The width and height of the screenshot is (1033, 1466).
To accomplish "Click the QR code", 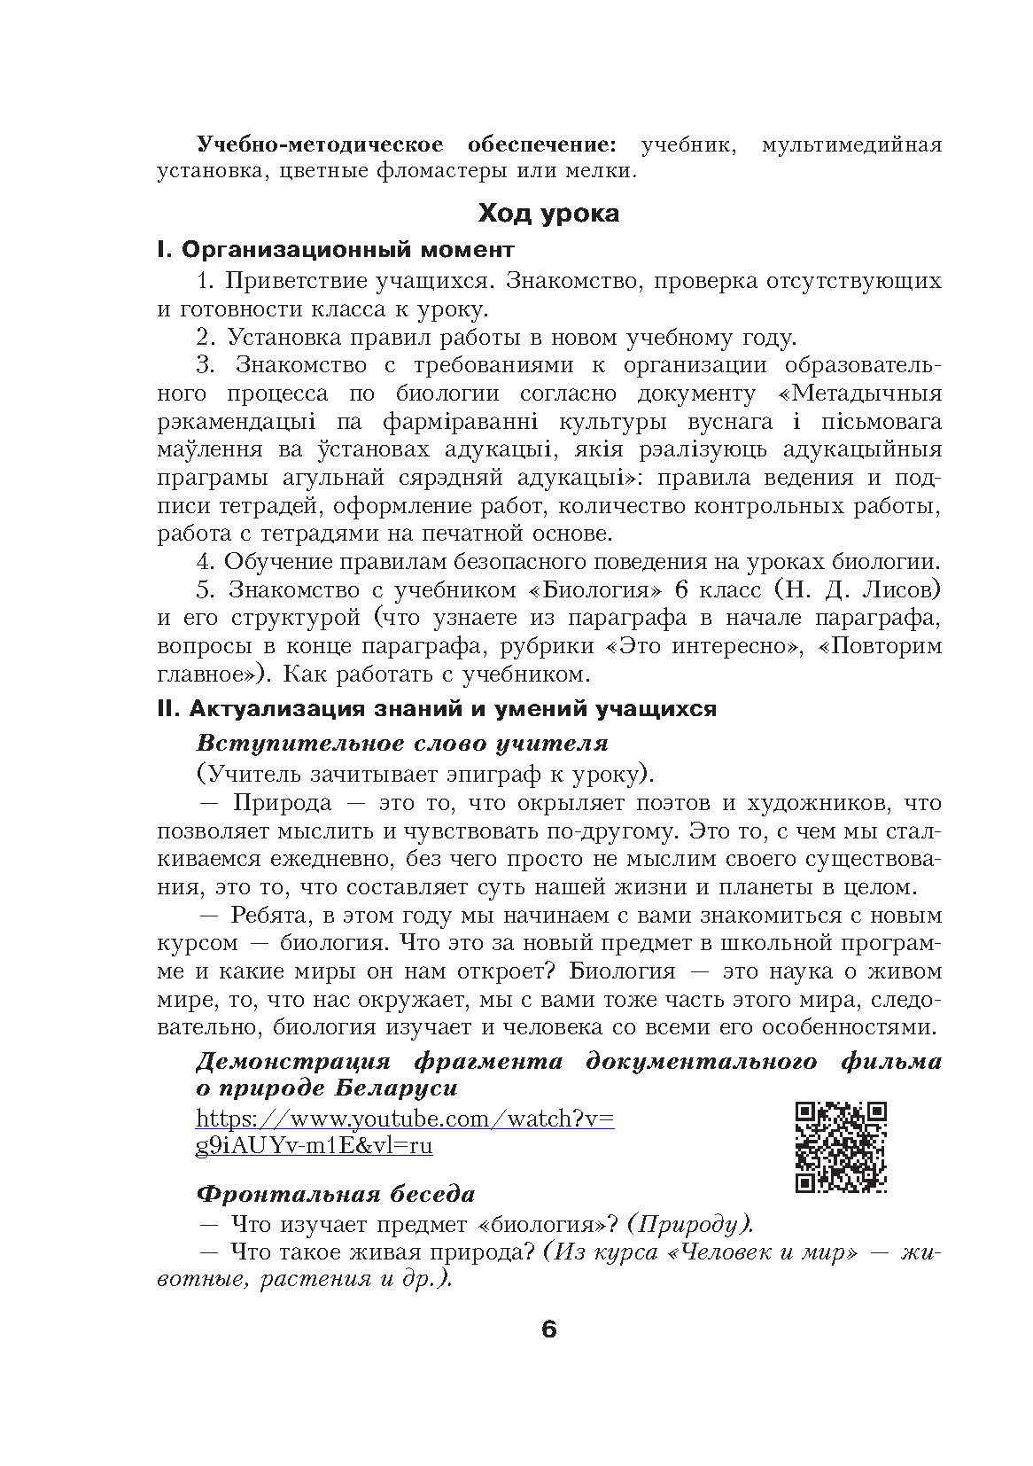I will (841, 1147).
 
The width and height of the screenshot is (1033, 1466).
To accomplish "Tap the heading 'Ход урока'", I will (548, 214).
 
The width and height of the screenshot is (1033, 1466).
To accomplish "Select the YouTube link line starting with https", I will (405, 1119).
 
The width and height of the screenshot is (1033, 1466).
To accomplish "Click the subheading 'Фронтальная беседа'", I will (335, 1194).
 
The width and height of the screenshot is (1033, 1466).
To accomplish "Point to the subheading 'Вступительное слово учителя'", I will (401, 743).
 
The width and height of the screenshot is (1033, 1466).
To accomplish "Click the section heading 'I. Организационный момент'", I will (335, 251).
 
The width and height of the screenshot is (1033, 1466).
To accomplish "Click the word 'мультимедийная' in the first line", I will (850, 143).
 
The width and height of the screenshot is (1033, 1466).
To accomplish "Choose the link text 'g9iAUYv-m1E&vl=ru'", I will (315, 1145).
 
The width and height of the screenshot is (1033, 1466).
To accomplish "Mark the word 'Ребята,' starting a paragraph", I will (276, 915).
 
